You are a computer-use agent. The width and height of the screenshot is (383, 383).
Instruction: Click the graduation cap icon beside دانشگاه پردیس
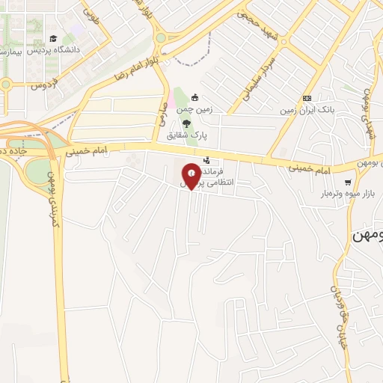click(53, 39)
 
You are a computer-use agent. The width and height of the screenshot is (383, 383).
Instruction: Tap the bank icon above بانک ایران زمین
click(307, 98)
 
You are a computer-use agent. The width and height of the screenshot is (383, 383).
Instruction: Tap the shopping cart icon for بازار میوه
click(347, 183)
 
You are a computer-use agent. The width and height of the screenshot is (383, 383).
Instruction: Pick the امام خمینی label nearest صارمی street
click(86, 150)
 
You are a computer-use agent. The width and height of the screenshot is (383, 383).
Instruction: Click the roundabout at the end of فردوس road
click(5, 84)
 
